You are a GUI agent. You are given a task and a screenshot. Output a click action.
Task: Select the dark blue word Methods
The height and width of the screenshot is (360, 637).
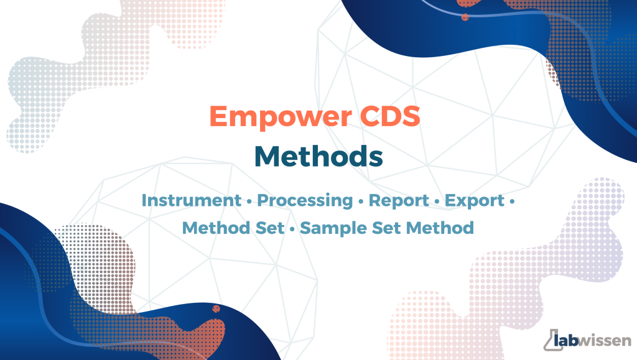319,156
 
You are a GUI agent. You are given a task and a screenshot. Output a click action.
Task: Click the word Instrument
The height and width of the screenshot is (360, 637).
192,200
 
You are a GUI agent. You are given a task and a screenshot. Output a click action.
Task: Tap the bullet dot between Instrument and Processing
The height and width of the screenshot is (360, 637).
249,201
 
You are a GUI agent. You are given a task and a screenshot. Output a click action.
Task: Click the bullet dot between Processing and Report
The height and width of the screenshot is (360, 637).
361,201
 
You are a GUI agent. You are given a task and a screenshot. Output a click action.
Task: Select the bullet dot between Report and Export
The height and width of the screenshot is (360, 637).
437,201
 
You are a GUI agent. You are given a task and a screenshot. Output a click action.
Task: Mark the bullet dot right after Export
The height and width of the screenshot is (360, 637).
512,201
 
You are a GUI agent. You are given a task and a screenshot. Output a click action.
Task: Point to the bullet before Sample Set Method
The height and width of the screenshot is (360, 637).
292,229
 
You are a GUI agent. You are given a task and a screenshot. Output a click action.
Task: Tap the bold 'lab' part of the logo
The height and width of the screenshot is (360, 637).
566,339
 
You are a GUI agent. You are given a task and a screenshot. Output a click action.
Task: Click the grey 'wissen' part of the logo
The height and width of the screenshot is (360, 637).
605,341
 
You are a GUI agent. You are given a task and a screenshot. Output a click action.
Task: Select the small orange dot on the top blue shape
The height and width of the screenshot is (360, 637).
465,17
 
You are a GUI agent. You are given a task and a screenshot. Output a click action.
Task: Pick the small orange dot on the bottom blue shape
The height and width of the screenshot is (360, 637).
216,309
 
